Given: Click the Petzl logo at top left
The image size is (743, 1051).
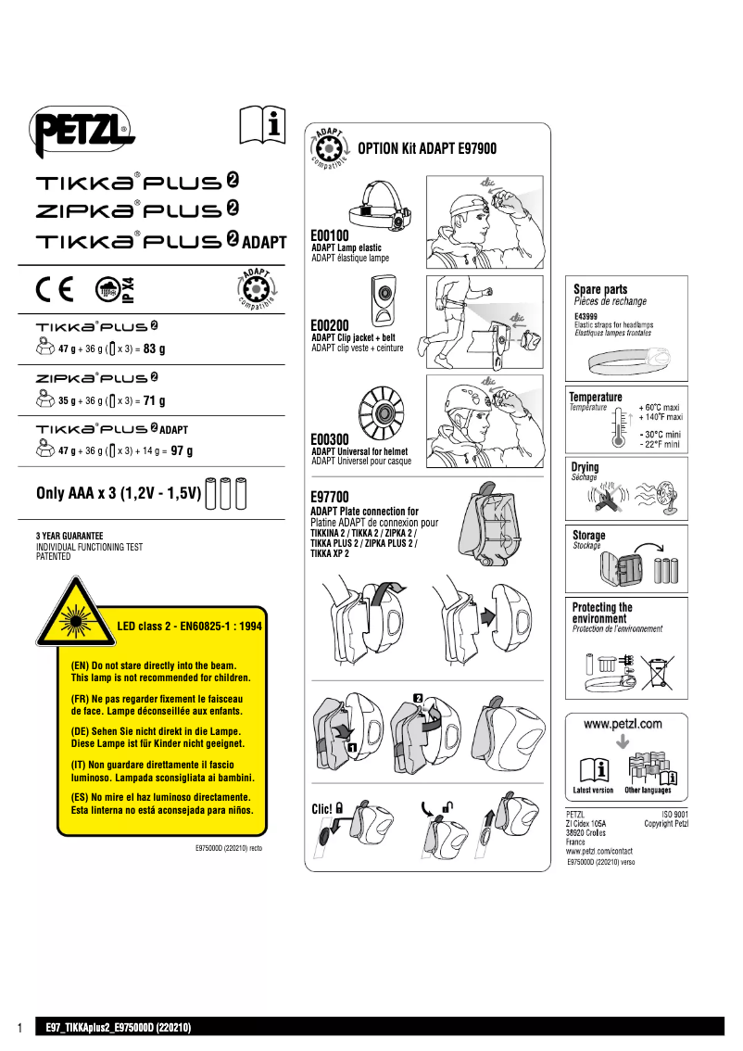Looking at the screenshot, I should coord(82,133).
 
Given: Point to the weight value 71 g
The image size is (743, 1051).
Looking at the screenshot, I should coord(155,401).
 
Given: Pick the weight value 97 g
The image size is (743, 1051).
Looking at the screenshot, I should coord(182,451).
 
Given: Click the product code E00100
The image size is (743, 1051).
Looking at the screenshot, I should coord(330,236).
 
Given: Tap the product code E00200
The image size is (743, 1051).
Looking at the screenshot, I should coord(330,326).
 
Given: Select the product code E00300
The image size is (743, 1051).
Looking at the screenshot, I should coord(330,440).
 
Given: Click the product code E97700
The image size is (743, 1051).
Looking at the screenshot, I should coord(330,498).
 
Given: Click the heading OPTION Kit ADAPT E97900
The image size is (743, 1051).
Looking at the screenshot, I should coord(427,148).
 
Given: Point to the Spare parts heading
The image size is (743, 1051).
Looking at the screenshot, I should coord(600,289).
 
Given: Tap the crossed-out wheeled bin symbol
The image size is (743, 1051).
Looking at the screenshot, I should coord(657,671).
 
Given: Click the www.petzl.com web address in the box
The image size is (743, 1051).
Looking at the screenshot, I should coord(623,723).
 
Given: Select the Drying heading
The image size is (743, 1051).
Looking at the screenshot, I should coord(586,467).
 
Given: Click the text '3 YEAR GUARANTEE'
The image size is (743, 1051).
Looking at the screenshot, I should coord(69,536).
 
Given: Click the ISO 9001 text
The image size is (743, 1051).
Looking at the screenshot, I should coord(673,814).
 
